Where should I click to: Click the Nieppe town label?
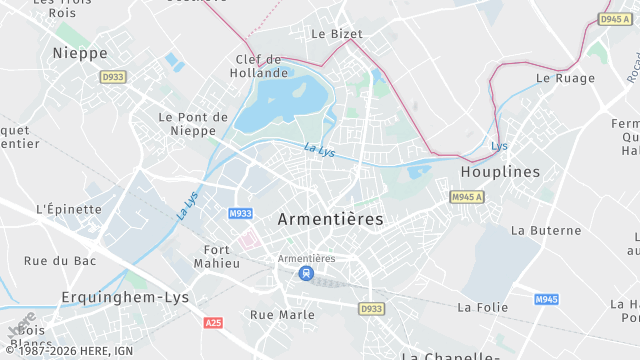(x=79, y=52)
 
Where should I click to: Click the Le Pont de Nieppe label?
(x=194, y=124)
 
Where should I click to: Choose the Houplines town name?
(x=500, y=172)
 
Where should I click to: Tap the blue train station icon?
(x=306, y=273)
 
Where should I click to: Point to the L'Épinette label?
(x=68, y=209)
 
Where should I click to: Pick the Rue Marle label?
(x=282, y=314)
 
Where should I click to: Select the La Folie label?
(x=484, y=307)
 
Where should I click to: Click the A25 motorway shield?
(x=212, y=323)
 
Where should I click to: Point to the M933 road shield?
(x=240, y=213)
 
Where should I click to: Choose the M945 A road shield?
(x=466, y=197)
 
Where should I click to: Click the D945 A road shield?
(x=613, y=19)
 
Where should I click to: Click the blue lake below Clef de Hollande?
(x=292, y=100)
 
